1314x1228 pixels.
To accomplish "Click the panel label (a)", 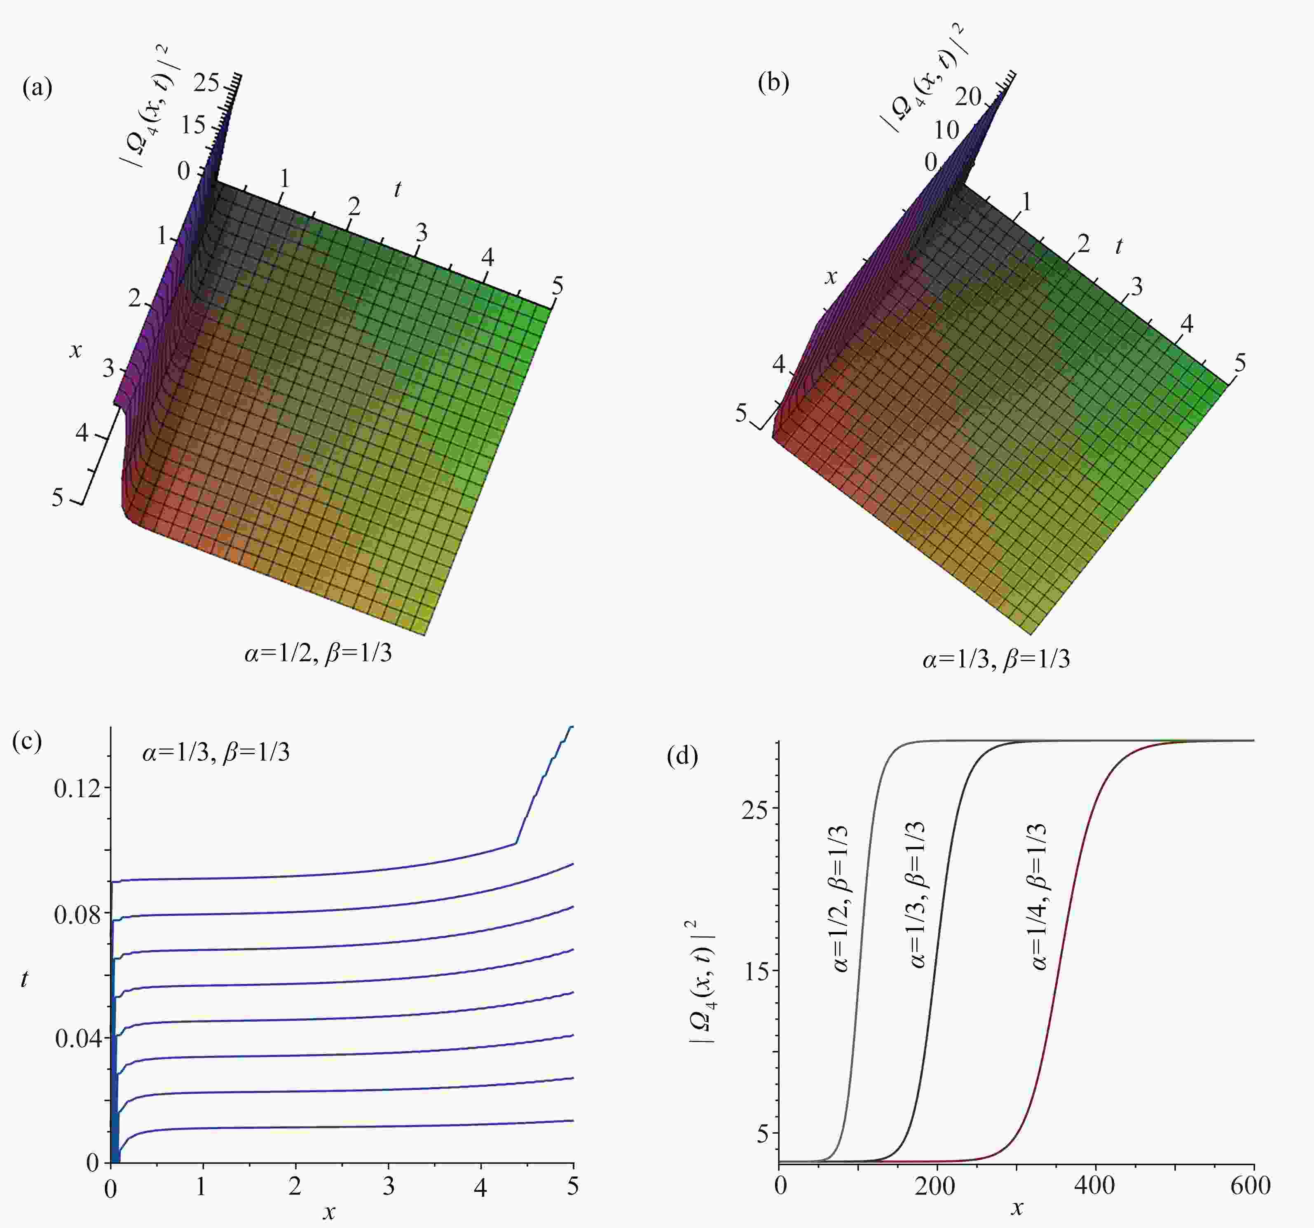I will (x=37, y=88).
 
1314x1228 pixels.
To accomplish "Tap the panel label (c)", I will (x=27, y=741).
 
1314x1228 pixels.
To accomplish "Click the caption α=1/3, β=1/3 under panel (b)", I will (x=996, y=659).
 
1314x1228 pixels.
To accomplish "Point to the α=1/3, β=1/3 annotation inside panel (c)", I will (x=215, y=753).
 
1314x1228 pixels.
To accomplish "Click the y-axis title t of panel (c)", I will (x=24, y=979).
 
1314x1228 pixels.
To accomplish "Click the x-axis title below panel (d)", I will (x=1017, y=1209).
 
